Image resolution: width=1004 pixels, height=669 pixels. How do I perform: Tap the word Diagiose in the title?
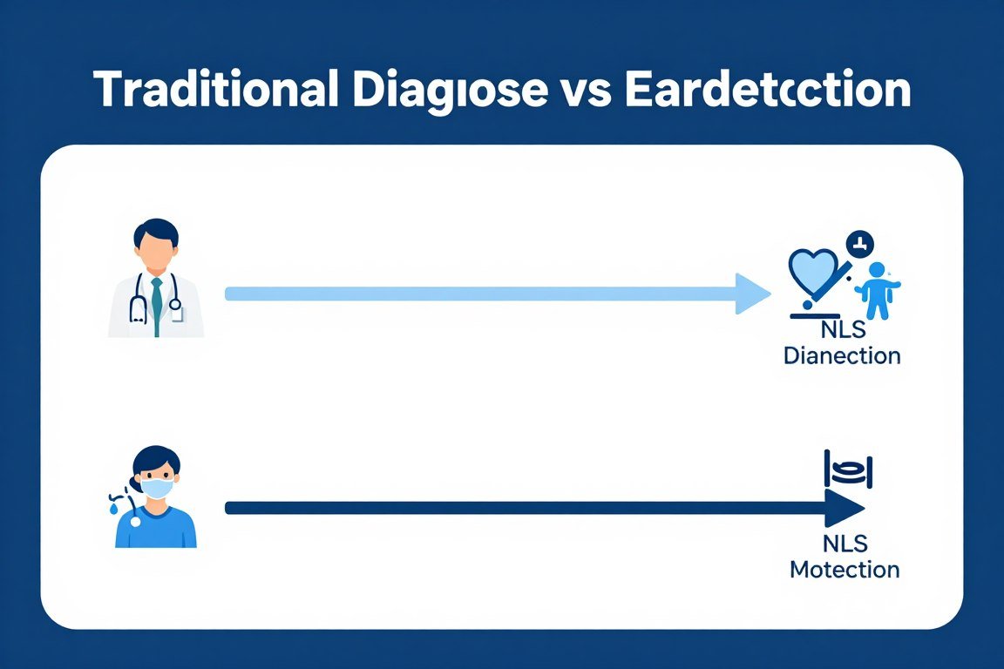point(445,90)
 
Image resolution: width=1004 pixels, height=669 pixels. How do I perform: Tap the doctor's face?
point(156,254)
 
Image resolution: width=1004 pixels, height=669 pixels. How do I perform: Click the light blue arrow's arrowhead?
point(751,294)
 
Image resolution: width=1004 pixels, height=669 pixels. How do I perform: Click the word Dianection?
point(841,355)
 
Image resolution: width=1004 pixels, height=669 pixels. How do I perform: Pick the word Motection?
point(844,570)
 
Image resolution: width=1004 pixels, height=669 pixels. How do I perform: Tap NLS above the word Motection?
point(844,544)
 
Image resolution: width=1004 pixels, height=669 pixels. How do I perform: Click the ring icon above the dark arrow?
point(848,471)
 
